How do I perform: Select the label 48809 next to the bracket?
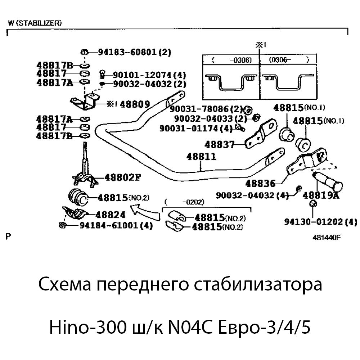point(135,104)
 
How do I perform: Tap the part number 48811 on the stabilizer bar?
point(201,157)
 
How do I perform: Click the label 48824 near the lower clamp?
point(111,215)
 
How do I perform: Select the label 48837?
point(219,145)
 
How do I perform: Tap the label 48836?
point(260,184)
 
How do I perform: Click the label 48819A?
point(321,195)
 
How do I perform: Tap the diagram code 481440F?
point(327,237)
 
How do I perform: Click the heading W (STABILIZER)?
point(35,23)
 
